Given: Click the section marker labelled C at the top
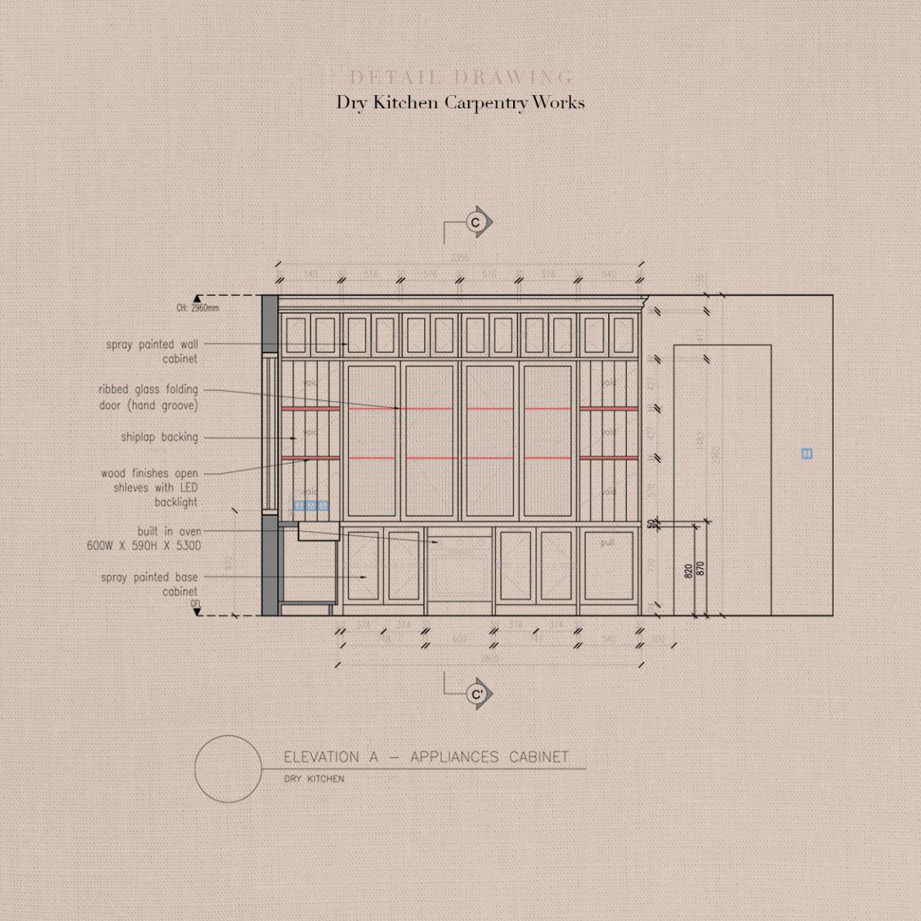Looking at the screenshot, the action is (476, 223).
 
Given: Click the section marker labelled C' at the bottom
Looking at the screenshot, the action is (477, 694).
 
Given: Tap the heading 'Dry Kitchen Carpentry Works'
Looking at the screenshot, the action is (460, 102).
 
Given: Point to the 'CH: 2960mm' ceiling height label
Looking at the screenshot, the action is (197, 308).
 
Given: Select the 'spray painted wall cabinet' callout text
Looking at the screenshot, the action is (152, 351).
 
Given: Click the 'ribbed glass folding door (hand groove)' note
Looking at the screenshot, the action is (148, 397).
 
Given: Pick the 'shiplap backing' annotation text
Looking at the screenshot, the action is (159, 437).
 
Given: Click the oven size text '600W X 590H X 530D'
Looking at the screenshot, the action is (144, 546).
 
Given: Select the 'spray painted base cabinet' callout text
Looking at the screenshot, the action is (149, 584).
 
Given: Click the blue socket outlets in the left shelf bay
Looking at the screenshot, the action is (310, 506).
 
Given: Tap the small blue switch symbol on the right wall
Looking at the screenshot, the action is (806, 454).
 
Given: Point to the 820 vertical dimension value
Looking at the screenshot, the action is (688, 571).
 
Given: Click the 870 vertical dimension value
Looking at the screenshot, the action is (700, 569).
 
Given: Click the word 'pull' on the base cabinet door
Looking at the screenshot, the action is (608, 543).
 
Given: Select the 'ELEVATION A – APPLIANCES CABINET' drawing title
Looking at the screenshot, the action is (426, 757).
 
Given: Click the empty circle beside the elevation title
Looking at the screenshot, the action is (228, 769).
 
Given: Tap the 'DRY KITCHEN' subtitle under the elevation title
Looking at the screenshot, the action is (313, 779).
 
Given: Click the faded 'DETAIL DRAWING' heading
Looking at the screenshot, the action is (461, 77).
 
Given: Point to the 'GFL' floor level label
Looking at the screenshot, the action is (195, 604).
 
